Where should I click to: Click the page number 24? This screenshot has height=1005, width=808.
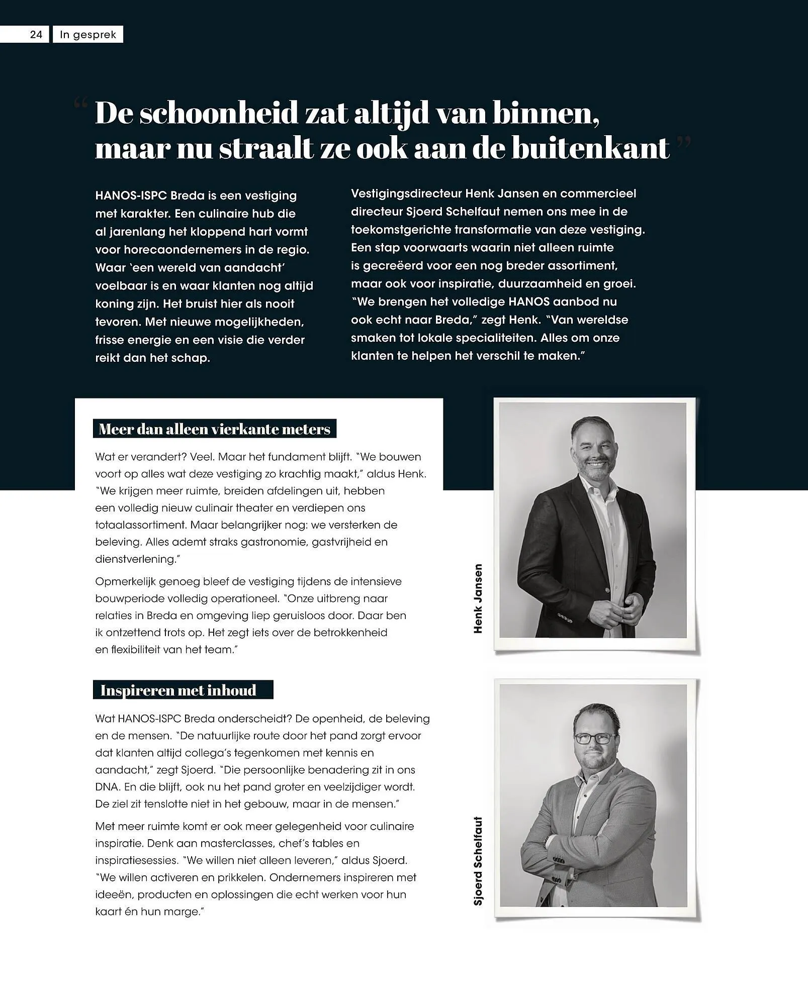[36, 35]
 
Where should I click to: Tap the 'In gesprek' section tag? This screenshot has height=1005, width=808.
[88, 35]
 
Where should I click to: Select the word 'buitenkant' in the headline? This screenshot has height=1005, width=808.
[590, 149]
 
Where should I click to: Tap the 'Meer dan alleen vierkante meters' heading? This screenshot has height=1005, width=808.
[215, 429]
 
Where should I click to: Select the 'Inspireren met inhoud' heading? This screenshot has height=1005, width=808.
[178, 690]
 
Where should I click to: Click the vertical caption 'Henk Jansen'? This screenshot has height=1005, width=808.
[478, 598]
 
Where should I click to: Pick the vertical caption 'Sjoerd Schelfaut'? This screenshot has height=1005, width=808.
[478, 861]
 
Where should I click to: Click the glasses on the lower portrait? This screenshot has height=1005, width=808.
[595, 739]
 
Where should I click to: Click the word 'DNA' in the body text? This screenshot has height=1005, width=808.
[106, 787]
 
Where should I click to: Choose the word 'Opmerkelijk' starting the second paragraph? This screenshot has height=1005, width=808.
[125, 582]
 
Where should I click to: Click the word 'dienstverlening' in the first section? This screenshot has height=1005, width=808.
[135, 559]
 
